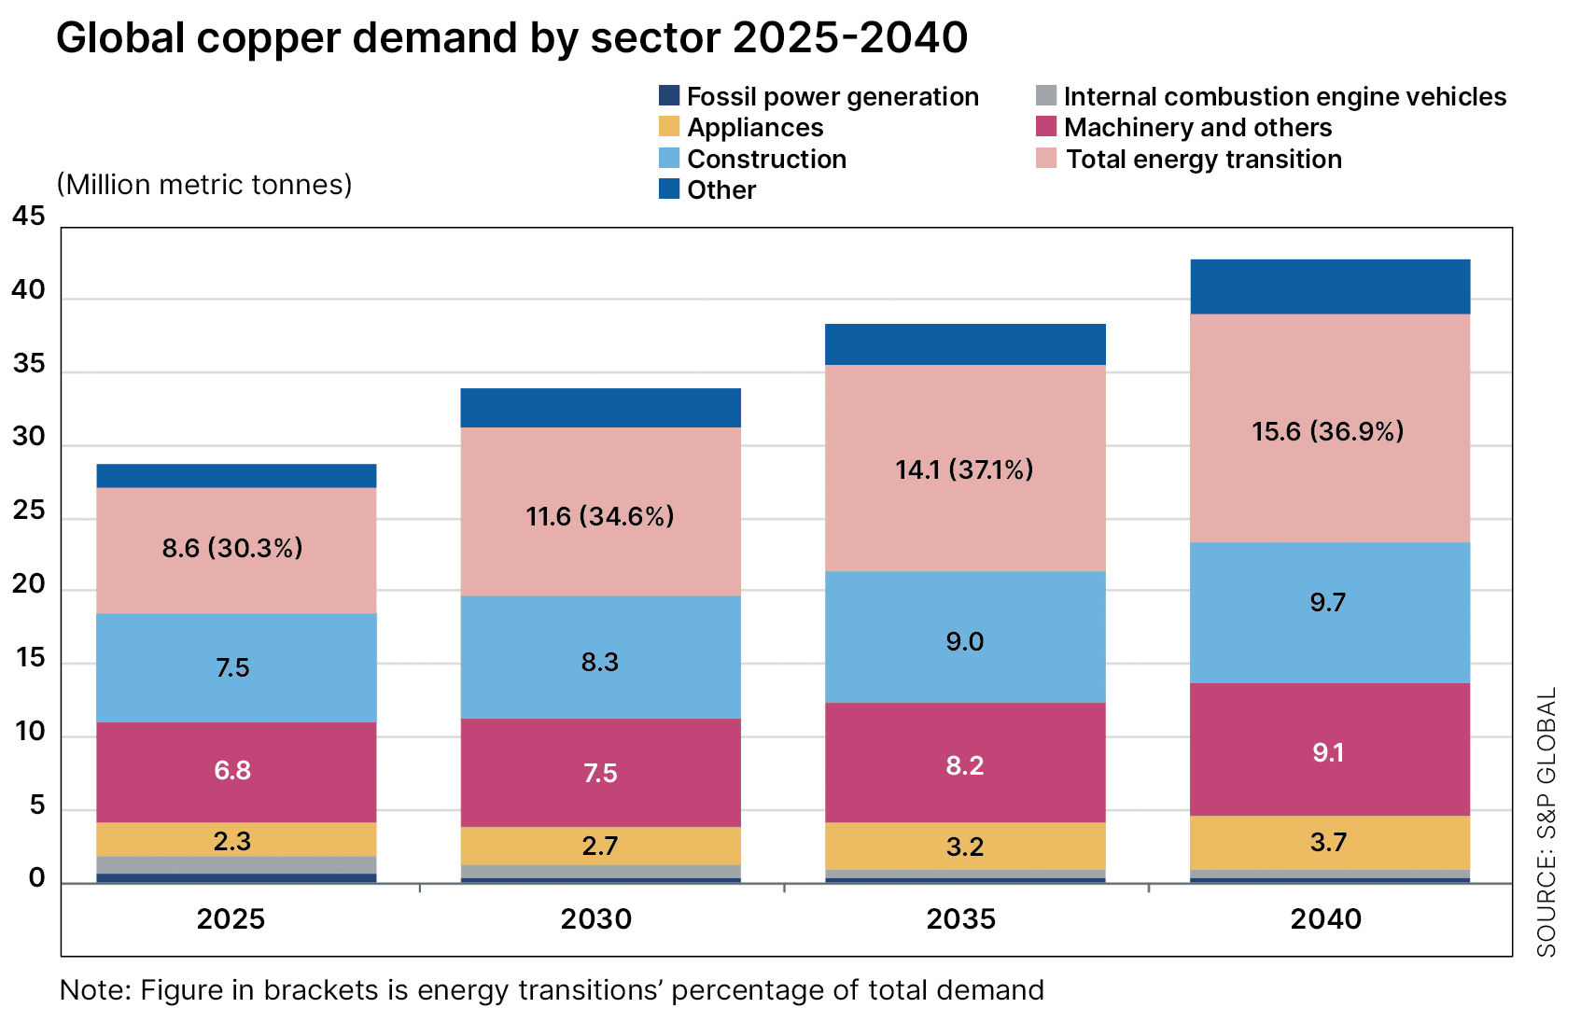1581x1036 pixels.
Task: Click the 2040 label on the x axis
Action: point(1325,919)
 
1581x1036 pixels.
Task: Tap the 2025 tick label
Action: point(231,919)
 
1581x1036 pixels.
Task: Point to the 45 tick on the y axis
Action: point(29,217)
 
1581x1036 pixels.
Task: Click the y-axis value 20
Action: point(29,584)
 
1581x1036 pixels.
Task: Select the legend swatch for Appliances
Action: point(669,127)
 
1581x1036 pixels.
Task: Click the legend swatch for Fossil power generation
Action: point(669,96)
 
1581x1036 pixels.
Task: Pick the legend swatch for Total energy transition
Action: point(1046,159)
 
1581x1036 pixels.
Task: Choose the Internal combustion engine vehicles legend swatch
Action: point(1046,96)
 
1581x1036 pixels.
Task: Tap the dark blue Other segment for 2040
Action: point(1330,287)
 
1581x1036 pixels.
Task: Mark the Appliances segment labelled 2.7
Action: point(600,846)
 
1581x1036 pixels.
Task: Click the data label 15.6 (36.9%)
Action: point(1327,431)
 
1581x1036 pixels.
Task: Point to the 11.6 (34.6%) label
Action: point(600,516)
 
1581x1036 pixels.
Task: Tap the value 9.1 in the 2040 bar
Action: point(1327,752)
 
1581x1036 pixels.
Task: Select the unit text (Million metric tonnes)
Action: point(204,185)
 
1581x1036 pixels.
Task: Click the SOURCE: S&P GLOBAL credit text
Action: point(1546,822)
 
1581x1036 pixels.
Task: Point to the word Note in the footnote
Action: point(94,990)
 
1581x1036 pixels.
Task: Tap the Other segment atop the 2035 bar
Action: point(965,344)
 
